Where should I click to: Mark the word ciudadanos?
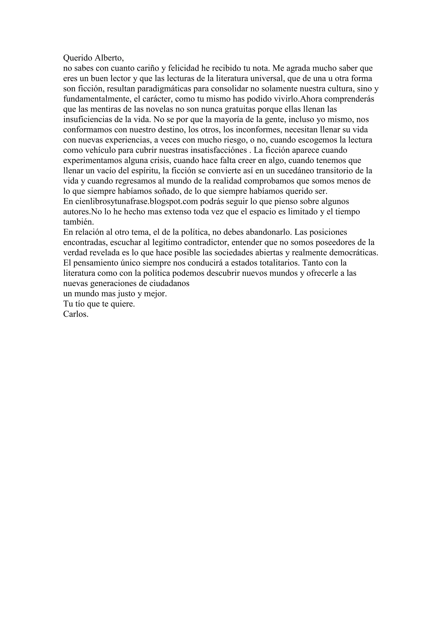tap(169, 284)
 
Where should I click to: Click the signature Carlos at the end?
tap(76, 314)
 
